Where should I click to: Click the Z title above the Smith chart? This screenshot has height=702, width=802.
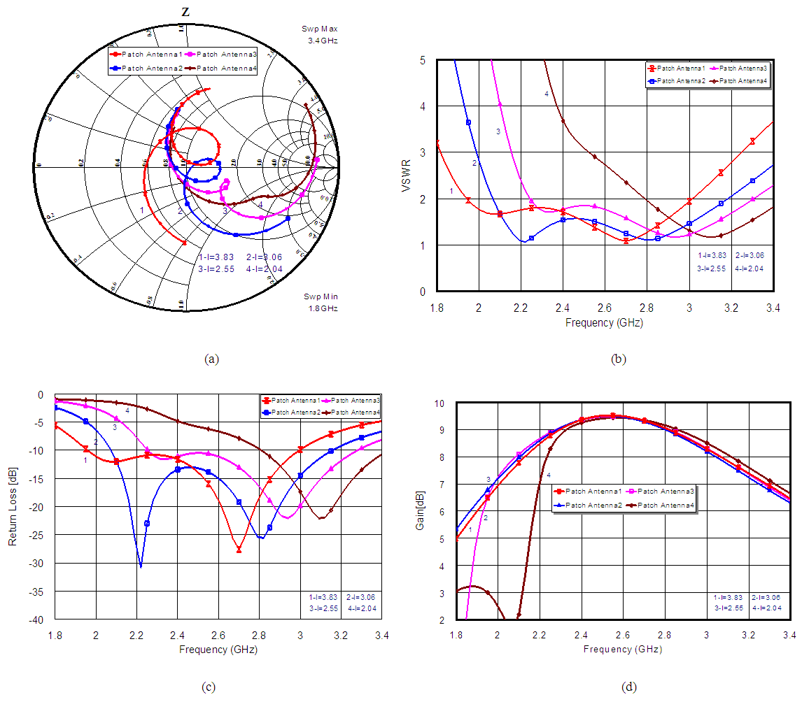(x=185, y=12)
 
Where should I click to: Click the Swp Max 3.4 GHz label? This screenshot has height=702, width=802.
(x=320, y=35)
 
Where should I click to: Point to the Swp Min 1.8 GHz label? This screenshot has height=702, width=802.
(x=321, y=302)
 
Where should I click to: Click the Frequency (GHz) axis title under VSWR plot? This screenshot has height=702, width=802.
(x=604, y=323)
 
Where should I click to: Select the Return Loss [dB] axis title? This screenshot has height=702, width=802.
(x=13, y=506)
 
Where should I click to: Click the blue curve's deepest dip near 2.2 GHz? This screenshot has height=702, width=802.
(x=141, y=566)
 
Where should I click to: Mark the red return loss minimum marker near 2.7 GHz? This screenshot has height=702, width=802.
(x=239, y=550)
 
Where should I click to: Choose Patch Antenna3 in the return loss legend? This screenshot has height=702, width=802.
(x=356, y=400)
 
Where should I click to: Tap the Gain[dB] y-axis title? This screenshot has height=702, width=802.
(x=420, y=510)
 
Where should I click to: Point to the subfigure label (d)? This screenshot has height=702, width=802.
(x=628, y=687)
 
